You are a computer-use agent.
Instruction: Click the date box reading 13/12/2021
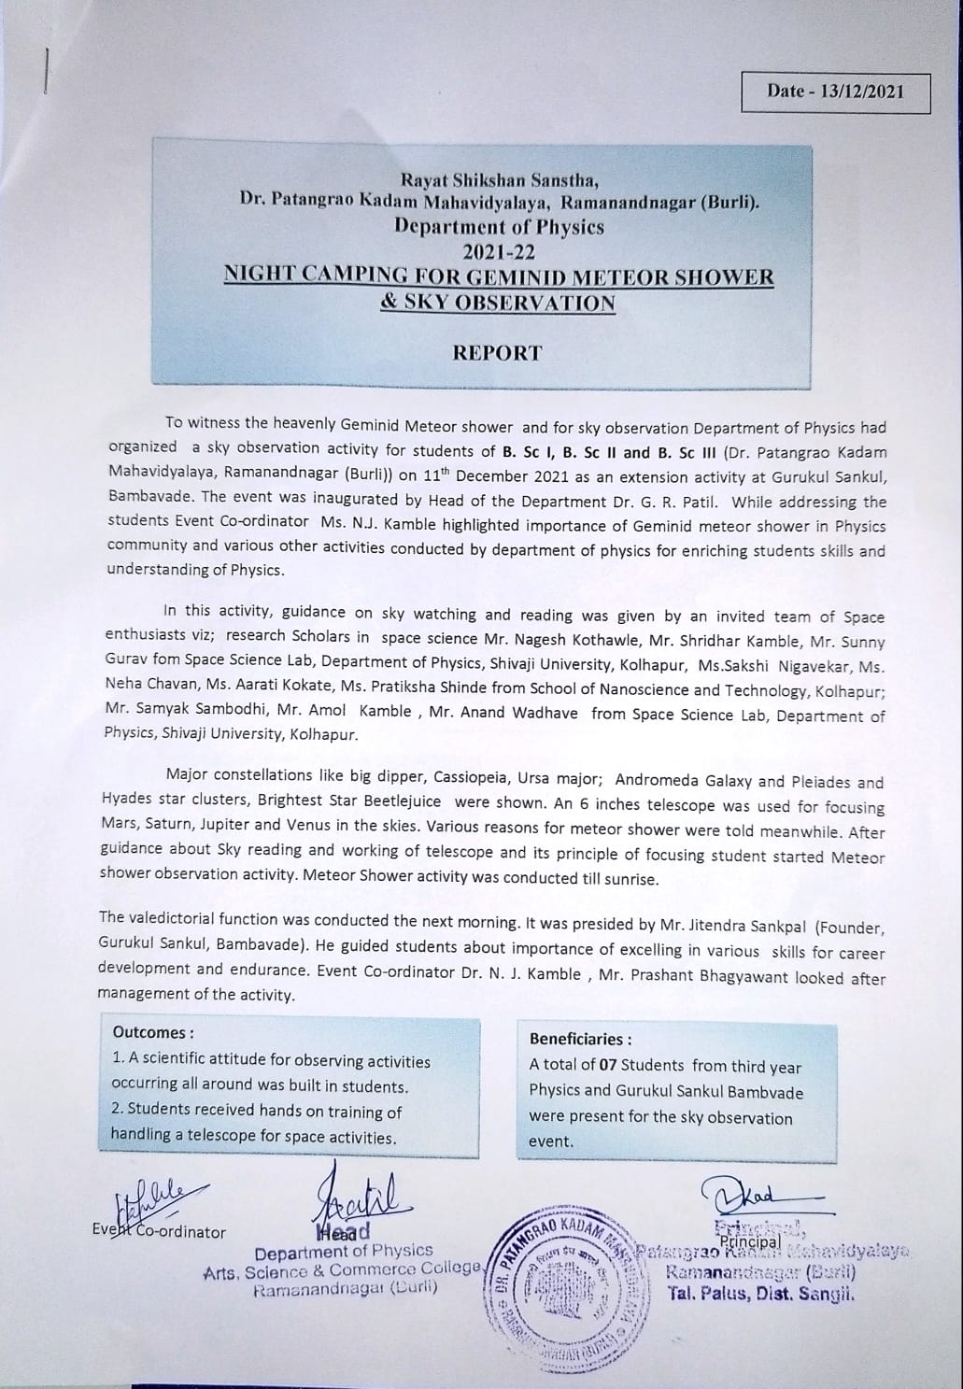(834, 91)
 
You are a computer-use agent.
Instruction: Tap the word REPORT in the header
(497, 352)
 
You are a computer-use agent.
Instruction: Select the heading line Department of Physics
(499, 227)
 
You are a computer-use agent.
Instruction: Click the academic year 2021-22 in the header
(498, 251)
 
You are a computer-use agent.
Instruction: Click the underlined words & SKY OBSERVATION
(498, 303)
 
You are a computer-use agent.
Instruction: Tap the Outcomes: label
(153, 1032)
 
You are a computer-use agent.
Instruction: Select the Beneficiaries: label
(580, 1039)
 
